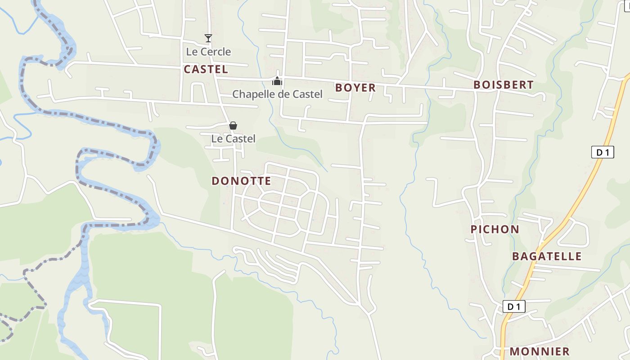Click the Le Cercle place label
pyautogui.click(x=208, y=52)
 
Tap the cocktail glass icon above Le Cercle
pyautogui.click(x=208, y=38)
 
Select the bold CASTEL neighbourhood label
pyautogui.click(x=206, y=69)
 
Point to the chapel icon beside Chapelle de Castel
pyautogui.click(x=277, y=81)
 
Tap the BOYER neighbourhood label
pyautogui.click(x=355, y=88)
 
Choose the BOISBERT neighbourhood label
pyautogui.click(x=503, y=85)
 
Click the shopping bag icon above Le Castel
pyautogui.click(x=233, y=126)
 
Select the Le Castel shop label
pyautogui.click(x=233, y=139)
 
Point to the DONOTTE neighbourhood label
pyautogui.click(x=241, y=181)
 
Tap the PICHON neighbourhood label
pyautogui.click(x=495, y=229)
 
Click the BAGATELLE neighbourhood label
pyautogui.click(x=547, y=256)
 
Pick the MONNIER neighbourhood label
pyautogui.click(x=540, y=351)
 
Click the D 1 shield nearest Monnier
pyautogui.click(x=513, y=307)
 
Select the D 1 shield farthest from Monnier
pyautogui.click(x=603, y=152)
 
